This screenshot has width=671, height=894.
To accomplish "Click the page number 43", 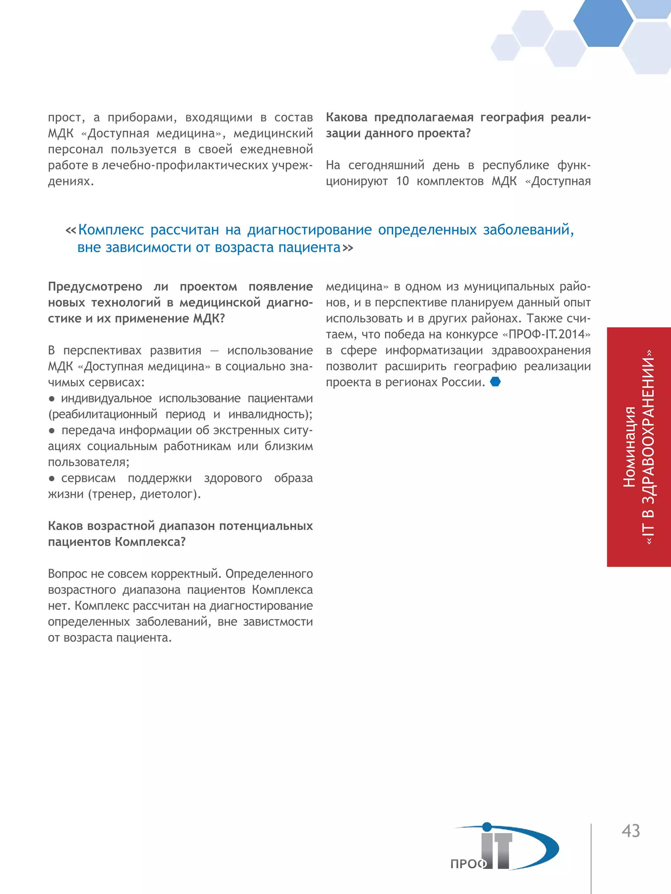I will (631, 831).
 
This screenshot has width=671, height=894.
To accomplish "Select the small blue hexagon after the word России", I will (495, 381).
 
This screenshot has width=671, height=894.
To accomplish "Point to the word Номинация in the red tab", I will (629, 447).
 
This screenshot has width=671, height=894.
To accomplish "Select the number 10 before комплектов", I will (402, 181).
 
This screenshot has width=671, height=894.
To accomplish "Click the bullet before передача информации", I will (52, 431).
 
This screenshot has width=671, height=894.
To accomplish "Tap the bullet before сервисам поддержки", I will (52, 479).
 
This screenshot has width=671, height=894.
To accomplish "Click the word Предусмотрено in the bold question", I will (95, 286).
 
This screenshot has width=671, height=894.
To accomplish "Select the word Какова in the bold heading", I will (347, 117).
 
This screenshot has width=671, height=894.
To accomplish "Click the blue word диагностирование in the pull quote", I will (309, 229).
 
